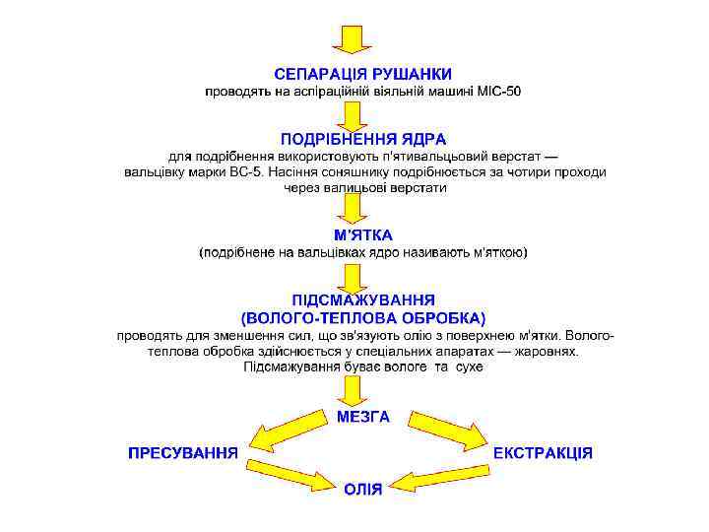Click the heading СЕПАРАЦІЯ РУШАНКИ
click(x=363, y=74)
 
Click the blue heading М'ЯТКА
click(x=363, y=235)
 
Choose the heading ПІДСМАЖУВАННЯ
click(x=363, y=299)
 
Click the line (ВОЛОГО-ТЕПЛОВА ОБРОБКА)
click(x=363, y=317)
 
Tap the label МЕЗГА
click(x=363, y=417)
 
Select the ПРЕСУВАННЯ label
click(x=183, y=453)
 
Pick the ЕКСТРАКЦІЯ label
click(x=543, y=453)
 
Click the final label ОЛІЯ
click(x=363, y=488)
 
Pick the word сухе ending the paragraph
click(x=463, y=366)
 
